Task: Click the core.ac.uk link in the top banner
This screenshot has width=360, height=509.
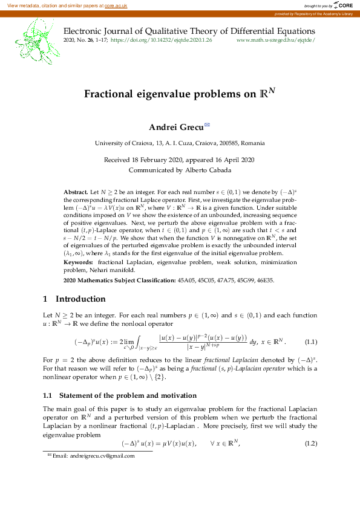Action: tap(116, 5)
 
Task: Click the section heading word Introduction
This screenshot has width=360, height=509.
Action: tap(80, 299)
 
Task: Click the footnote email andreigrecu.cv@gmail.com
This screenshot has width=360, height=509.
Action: tap(93, 456)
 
